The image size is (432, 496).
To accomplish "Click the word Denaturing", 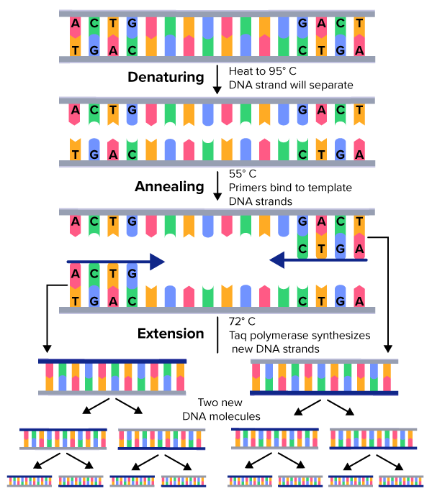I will tap(168, 78).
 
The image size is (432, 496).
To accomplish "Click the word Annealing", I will tap(170, 187).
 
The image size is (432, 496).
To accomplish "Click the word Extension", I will tap(171, 334).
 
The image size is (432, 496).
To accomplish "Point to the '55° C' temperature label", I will tap(243, 174).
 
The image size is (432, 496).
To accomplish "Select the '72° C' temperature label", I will tap(243, 321).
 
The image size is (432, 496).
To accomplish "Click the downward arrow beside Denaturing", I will tap(217, 78).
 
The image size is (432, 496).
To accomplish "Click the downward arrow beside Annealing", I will tap(217, 188).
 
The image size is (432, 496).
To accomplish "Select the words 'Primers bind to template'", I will tap(290, 188).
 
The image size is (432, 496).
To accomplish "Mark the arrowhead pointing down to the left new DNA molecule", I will tap(45, 349).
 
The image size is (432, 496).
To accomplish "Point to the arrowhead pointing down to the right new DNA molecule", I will tap(389, 349).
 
